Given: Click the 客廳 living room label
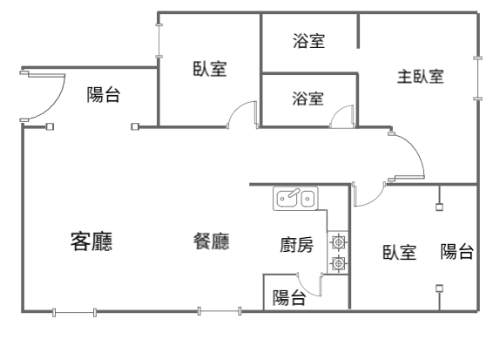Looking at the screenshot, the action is [91, 241].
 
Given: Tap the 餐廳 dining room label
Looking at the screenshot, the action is [212, 241].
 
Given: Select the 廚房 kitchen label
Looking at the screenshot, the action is [296, 245].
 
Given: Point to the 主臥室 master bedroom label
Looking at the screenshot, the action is [420, 77].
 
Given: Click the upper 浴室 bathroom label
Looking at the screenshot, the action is [308, 41].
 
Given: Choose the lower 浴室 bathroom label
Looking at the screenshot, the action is [308, 98].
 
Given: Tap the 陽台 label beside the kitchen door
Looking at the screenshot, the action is [289, 298].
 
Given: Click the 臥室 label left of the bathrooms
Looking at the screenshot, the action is [210, 69].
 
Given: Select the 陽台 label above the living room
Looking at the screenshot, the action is [104, 94].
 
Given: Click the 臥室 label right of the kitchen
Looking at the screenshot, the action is [399, 252].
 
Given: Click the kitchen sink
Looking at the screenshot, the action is [295, 199].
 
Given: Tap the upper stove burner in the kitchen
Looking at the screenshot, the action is [338, 242].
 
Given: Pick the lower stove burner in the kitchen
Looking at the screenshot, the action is [338, 263].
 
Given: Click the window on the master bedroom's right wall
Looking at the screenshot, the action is [477, 78].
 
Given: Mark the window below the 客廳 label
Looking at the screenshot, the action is [75, 312].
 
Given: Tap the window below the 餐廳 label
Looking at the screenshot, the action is [220, 311].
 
